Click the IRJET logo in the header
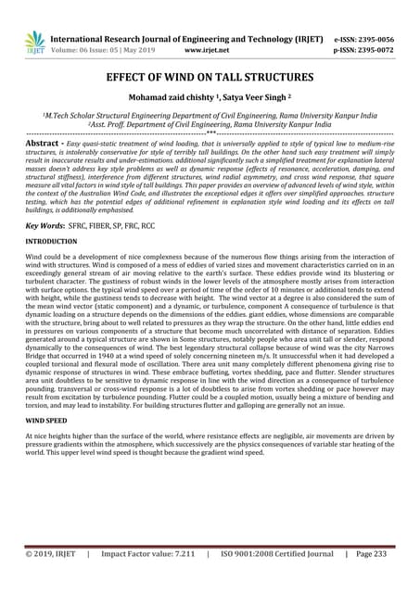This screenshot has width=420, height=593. click(33, 43)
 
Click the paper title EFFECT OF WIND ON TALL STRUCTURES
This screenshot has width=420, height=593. click(210, 80)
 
